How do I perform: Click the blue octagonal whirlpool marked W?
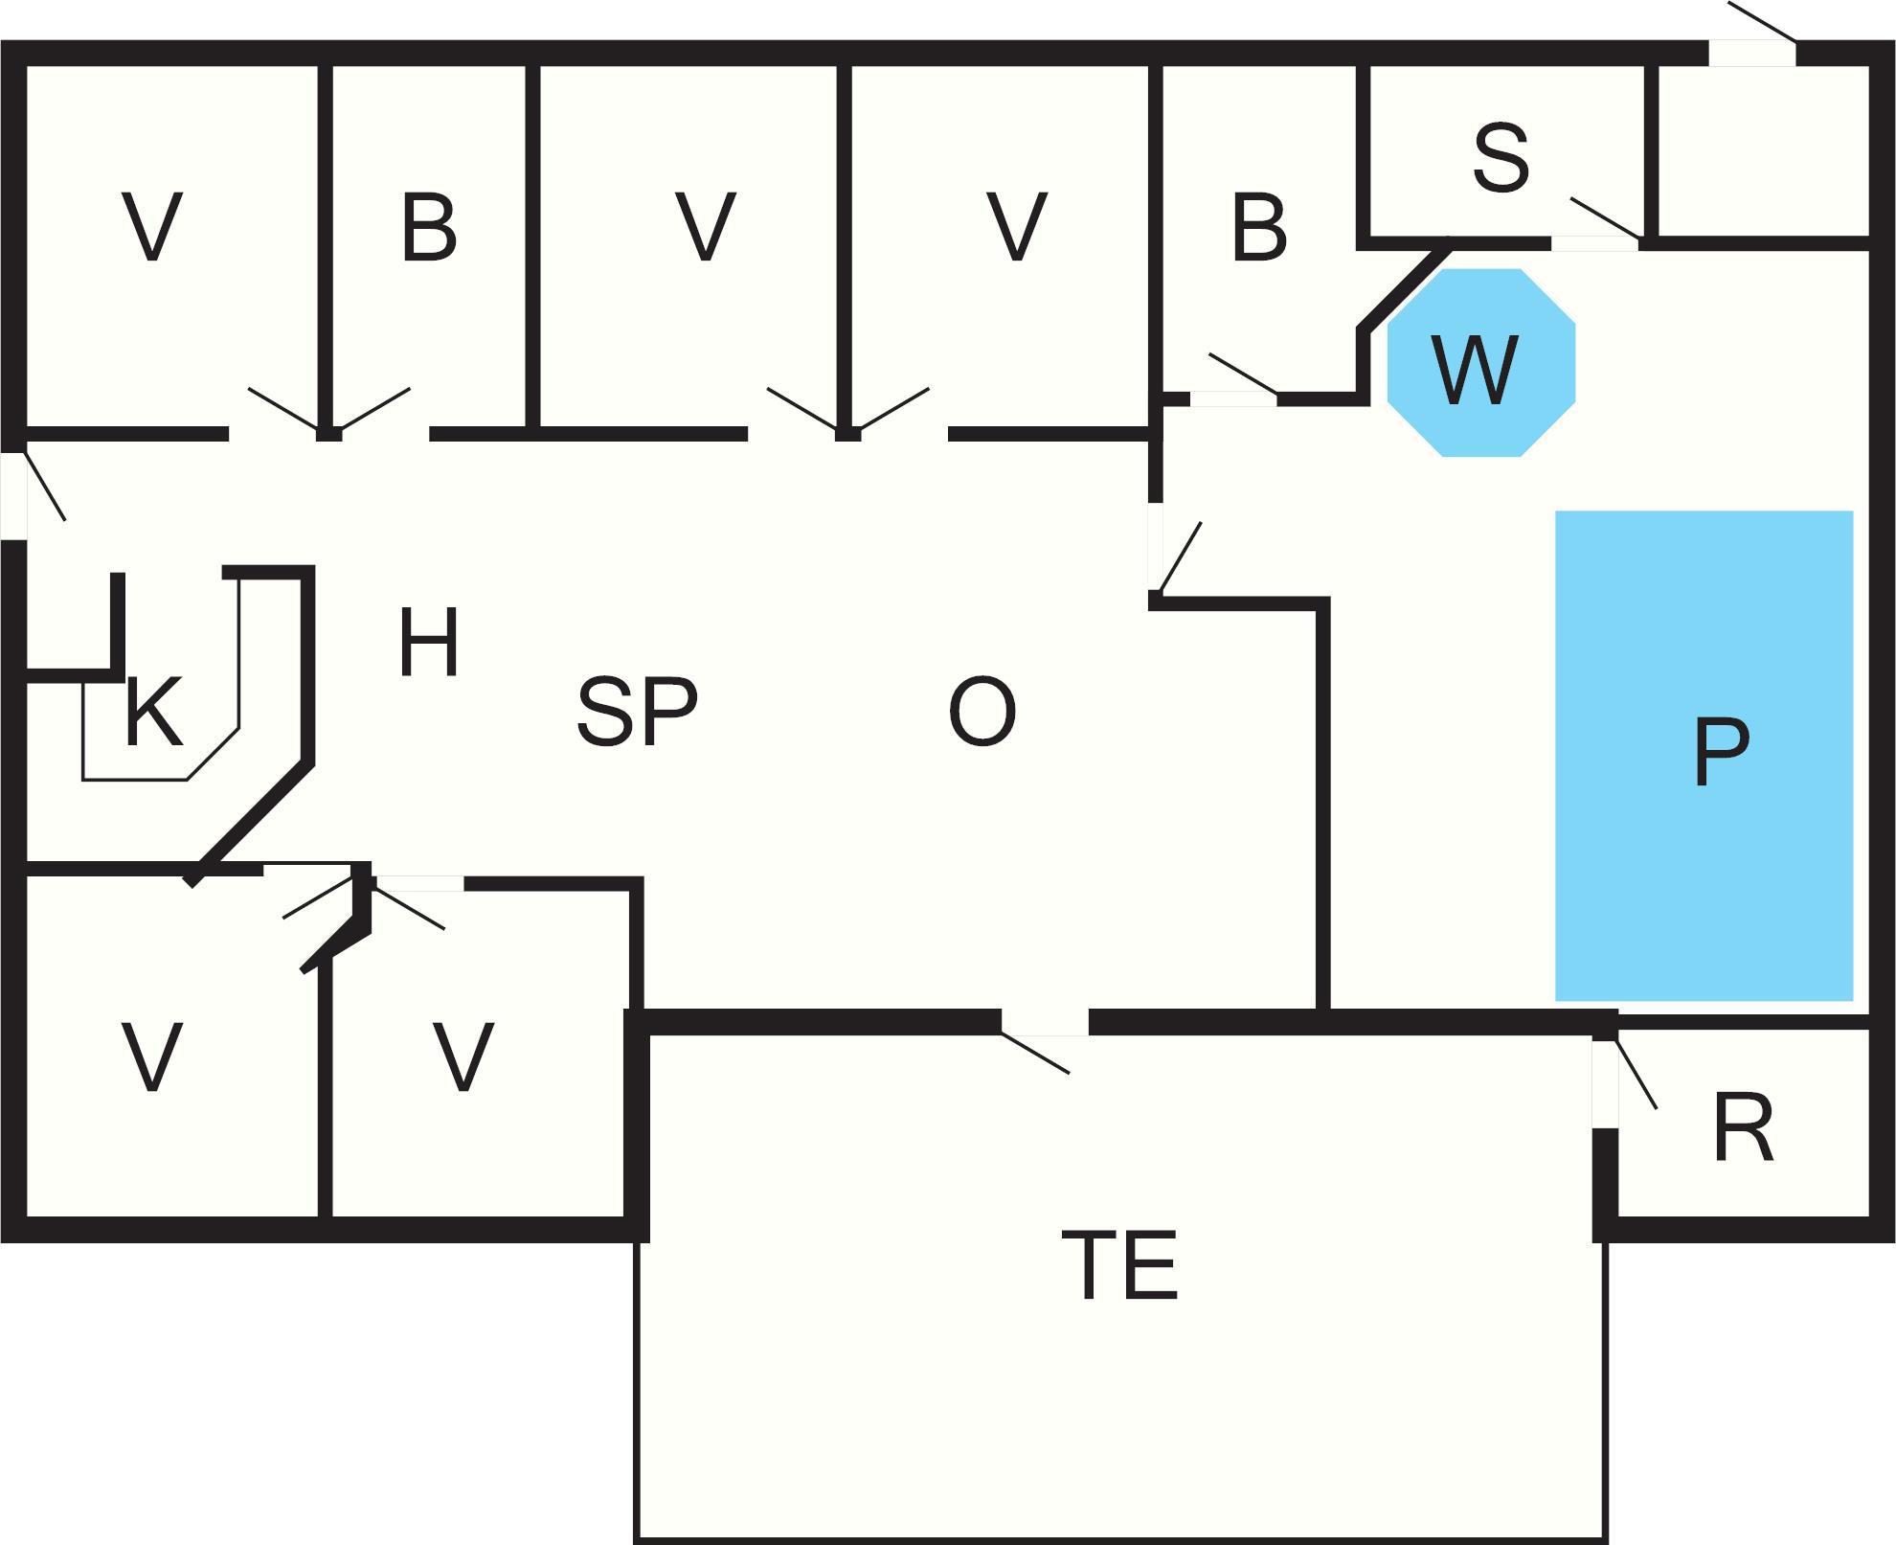click(x=1480, y=363)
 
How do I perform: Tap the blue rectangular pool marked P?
click(x=1704, y=756)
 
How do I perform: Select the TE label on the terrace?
click(x=1119, y=1265)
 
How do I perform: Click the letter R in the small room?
click(x=1743, y=1127)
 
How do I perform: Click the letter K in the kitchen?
click(x=153, y=713)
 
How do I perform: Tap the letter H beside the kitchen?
click(x=428, y=643)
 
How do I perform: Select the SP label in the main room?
click(x=637, y=712)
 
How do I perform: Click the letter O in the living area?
click(x=982, y=712)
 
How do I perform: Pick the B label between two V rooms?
click(x=428, y=228)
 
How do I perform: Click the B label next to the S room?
click(x=1258, y=228)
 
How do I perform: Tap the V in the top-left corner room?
click(x=153, y=228)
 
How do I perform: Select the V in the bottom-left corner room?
click(x=153, y=1057)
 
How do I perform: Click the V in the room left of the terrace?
click(x=463, y=1057)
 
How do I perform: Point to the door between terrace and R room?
click(x=1606, y=1082)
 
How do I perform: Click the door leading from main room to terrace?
click(x=1045, y=1023)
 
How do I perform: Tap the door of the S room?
click(x=1594, y=242)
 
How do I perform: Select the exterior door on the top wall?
click(x=1752, y=53)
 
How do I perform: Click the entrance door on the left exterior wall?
click(x=13, y=494)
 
